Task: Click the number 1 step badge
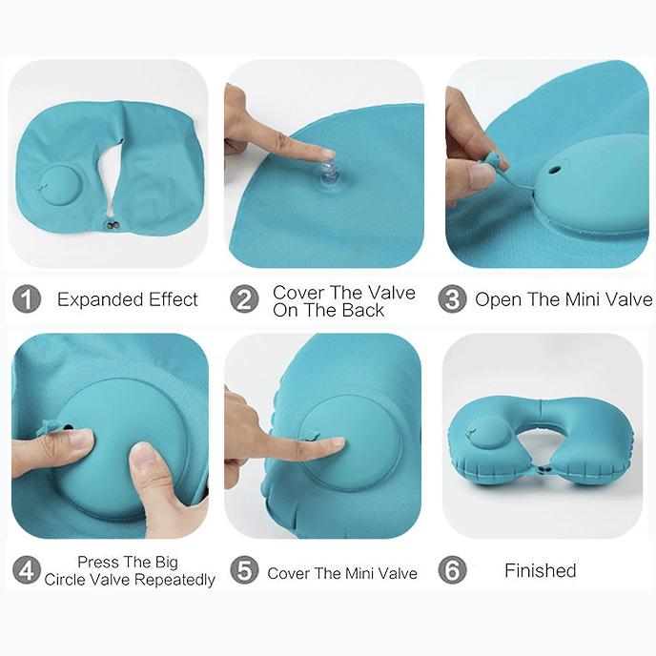[x=27, y=299]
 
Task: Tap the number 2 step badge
[x=245, y=299]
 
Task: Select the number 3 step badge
[x=452, y=299]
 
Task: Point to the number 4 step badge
[x=27, y=570]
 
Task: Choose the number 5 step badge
[x=245, y=570]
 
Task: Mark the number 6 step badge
[x=452, y=570]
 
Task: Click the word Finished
[x=540, y=571]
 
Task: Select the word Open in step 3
[x=497, y=300]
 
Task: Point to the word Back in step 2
[x=363, y=310]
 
